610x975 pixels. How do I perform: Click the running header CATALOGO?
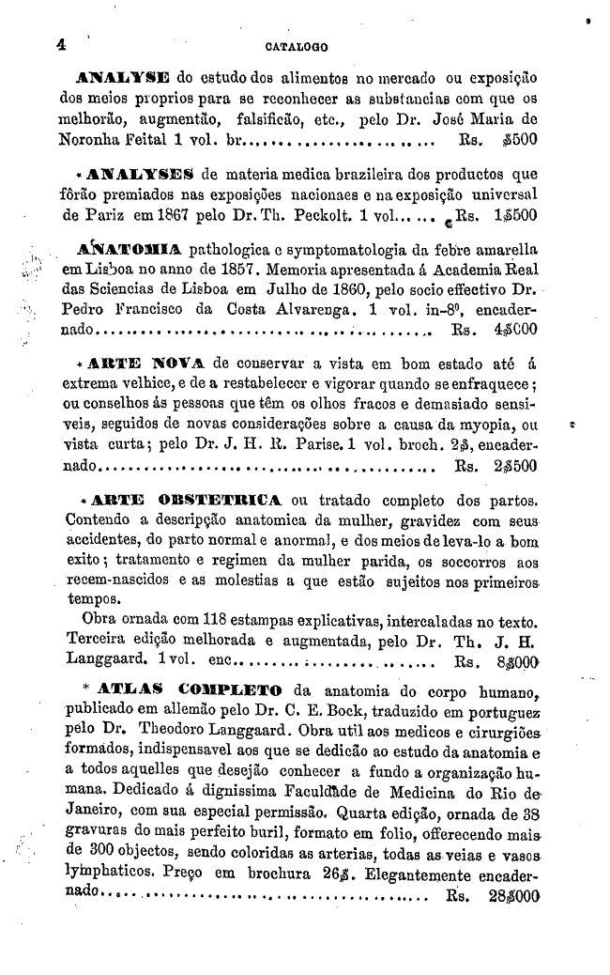290,44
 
